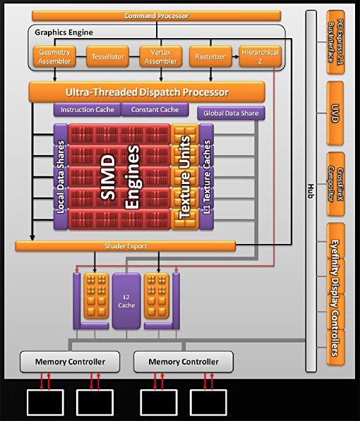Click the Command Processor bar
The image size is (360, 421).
click(157, 16)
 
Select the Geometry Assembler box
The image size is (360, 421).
click(54, 56)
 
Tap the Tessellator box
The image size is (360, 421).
click(107, 56)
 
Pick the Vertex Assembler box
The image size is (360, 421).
click(161, 56)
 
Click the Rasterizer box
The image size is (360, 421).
click(210, 56)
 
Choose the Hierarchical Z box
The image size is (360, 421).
click(260, 56)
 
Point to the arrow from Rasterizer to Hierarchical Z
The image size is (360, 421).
click(236, 56)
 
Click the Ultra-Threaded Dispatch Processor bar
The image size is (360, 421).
click(147, 92)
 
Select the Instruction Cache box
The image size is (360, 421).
click(88, 109)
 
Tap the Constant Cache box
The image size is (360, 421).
click(155, 109)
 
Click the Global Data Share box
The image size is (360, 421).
click(232, 113)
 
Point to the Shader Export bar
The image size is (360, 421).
click(125, 246)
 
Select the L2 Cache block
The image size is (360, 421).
click(126, 301)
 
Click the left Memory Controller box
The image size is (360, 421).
click(70, 362)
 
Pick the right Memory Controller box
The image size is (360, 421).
click(184, 362)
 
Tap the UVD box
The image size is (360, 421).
click(335, 113)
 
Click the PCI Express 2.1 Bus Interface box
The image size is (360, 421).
click(335, 42)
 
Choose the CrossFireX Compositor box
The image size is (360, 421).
click(335, 184)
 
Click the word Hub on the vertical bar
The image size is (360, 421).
click(311, 191)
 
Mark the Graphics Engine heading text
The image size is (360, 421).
click(64, 32)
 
